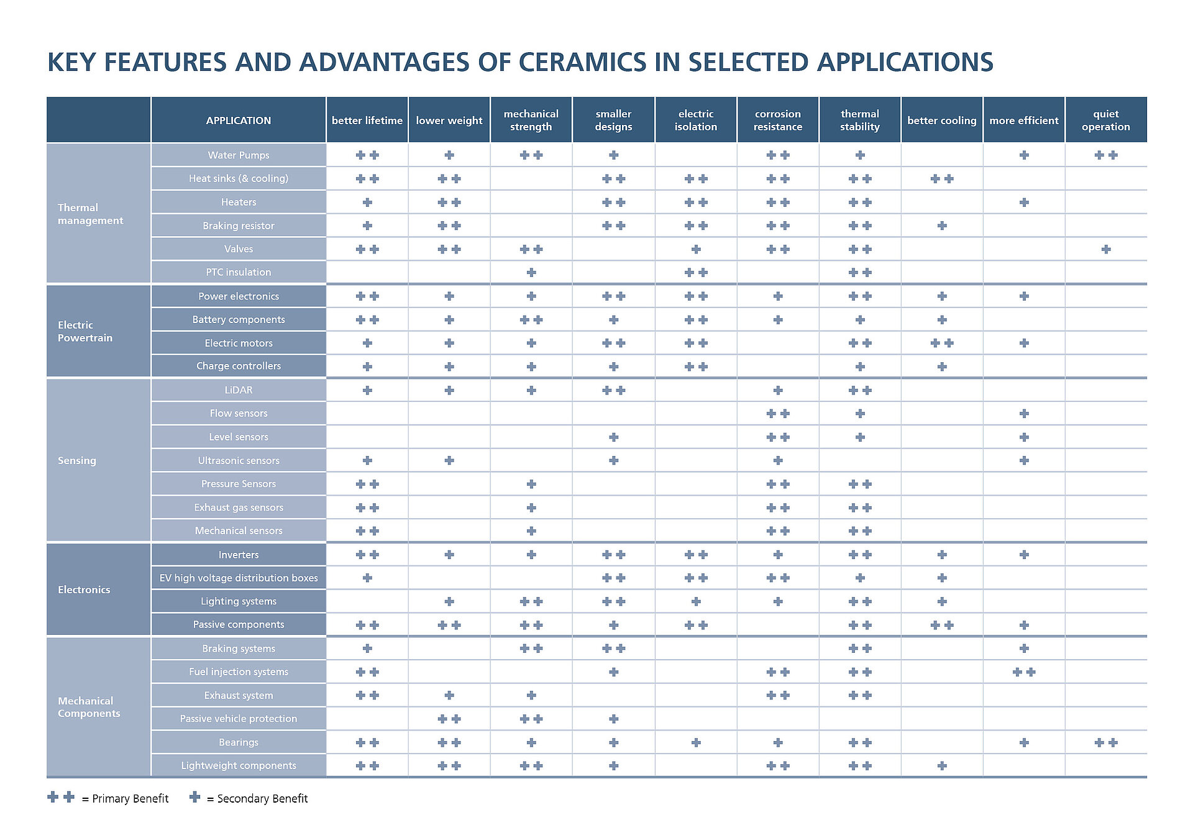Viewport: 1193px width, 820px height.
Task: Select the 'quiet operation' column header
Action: pyautogui.click(x=1105, y=120)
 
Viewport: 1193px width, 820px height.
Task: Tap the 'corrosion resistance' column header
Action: pyautogui.click(x=777, y=120)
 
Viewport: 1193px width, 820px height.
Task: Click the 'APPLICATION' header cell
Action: pyautogui.click(x=238, y=121)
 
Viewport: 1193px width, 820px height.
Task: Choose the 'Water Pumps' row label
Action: pyautogui.click(x=238, y=155)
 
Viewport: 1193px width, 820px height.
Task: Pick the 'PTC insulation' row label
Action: pyautogui.click(x=238, y=272)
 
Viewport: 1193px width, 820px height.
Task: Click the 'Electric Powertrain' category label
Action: pyautogui.click(x=85, y=331)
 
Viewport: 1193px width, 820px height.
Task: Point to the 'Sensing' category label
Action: pyautogui.click(x=77, y=460)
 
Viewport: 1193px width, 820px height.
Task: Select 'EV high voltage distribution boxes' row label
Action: pyautogui.click(x=238, y=578)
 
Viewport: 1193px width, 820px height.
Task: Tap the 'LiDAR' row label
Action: pyautogui.click(x=238, y=390)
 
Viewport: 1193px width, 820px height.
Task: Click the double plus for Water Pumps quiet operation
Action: pyautogui.click(x=1105, y=155)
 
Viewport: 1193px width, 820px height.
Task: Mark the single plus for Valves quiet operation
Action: pyautogui.click(x=1105, y=249)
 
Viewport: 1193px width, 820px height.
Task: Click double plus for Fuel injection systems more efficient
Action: pyautogui.click(x=1023, y=672)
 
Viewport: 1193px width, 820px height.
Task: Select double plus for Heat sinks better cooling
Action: pyautogui.click(x=941, y=179)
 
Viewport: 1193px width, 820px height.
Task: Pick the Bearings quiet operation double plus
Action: pyautogui.click(x=1105, y=742)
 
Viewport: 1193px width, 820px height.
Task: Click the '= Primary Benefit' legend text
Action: pyautogui.click(x=125, y=799)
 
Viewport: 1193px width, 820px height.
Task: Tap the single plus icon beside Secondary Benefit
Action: pyautogui.click(x=194, y=797)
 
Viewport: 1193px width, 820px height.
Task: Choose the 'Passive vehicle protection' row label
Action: pyautogui.click(x=238, y=719)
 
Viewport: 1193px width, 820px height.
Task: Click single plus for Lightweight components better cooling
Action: pyautogui.click(x=941, y=766)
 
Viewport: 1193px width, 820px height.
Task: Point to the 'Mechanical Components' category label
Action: pyautogui.click(x=89, y=707)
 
